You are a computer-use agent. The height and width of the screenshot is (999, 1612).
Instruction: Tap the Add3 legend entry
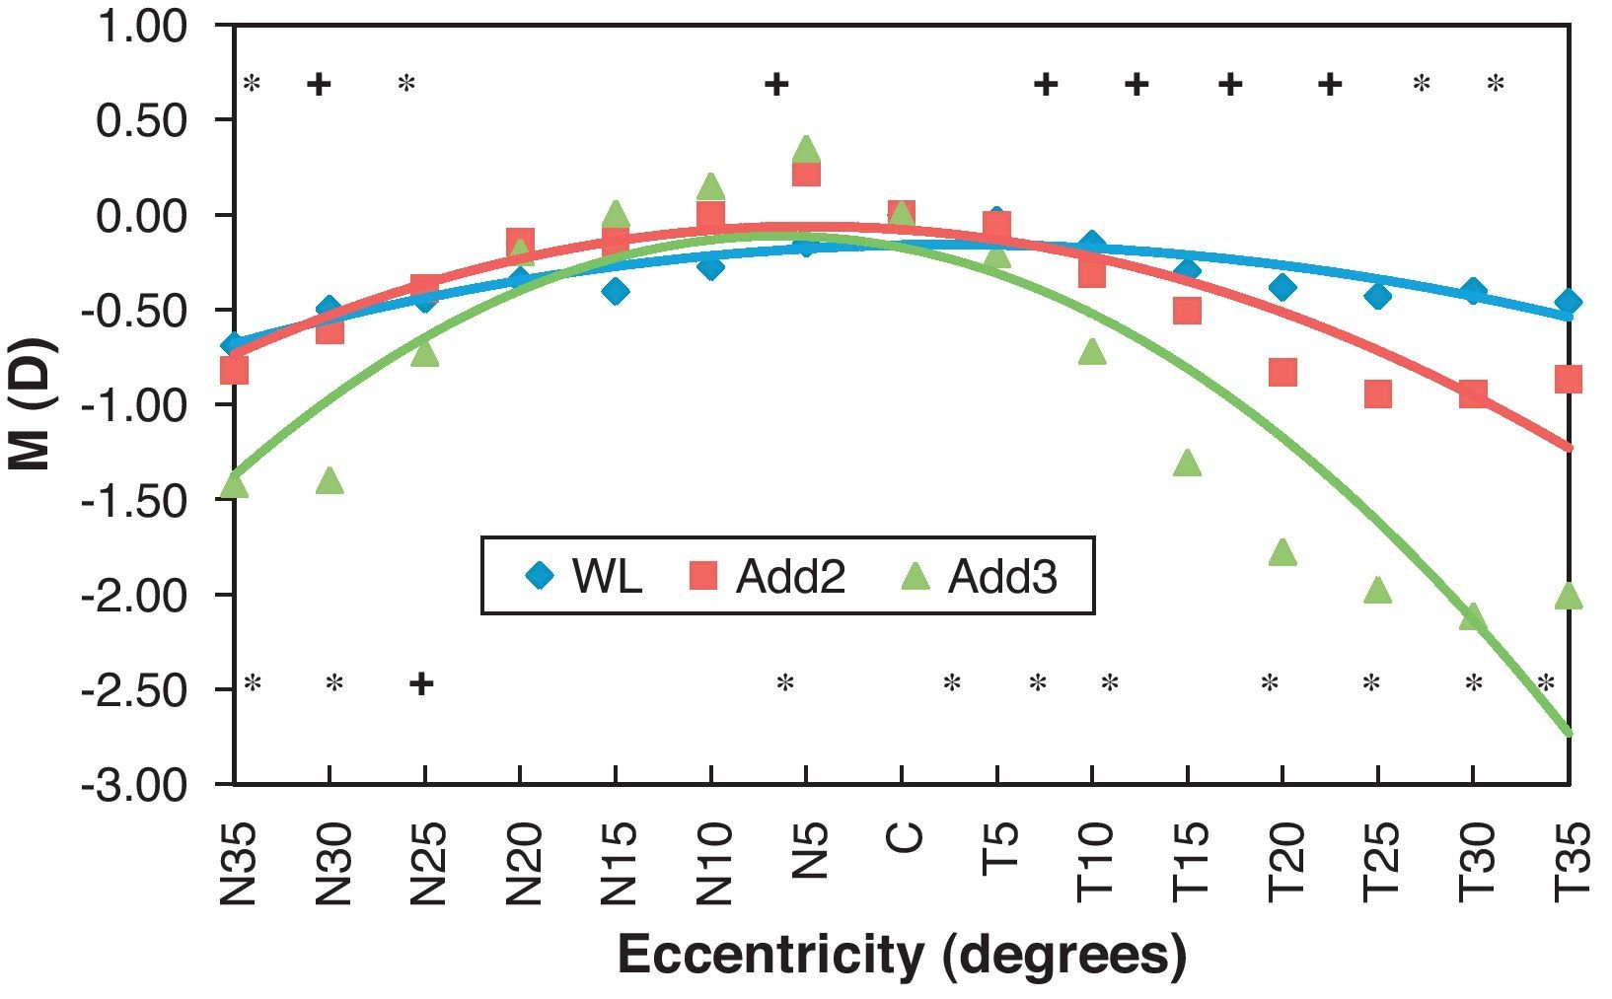click(x=980, y=577)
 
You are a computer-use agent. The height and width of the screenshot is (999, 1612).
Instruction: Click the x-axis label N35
click(x=237, y=864)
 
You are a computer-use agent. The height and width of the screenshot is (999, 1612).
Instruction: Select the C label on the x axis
click(x=903, y=837)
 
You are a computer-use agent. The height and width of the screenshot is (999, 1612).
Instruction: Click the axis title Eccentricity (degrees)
click(x=902, y=955)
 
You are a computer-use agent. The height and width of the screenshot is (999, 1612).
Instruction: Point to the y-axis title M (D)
click(x=34, y=405)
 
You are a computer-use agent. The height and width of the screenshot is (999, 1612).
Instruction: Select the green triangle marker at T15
click(x=1188, y=463)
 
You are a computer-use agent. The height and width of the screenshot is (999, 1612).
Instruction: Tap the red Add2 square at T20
click(x=1282, y=373)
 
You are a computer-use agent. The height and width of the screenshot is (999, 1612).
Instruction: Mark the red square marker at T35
click(x=1569, y=379)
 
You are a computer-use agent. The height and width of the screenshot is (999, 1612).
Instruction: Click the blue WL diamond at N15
click(x=616, y=291)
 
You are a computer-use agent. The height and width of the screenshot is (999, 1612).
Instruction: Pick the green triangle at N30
click(x=330, y=481)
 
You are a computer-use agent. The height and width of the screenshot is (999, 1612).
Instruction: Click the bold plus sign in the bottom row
click(x=421, y=683)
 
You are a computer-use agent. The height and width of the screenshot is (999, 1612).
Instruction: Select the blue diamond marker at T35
click(x=1569, y=302)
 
